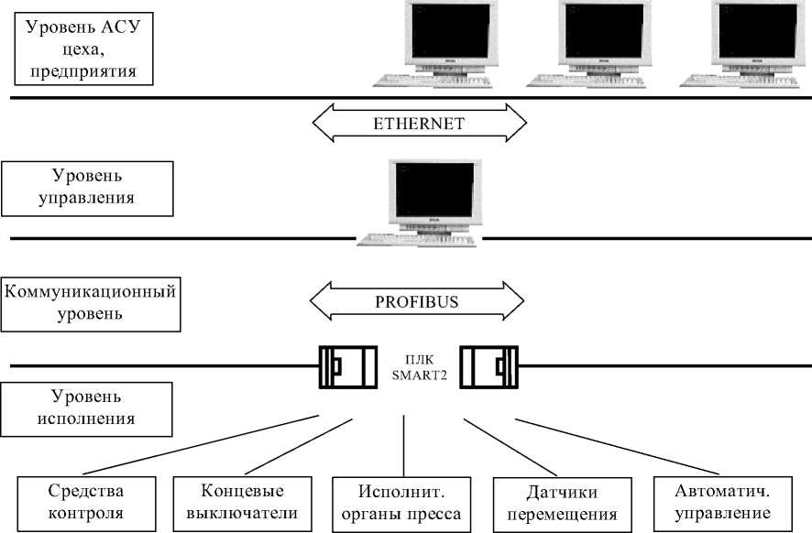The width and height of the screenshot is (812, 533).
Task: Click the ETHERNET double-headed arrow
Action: pos(420,122)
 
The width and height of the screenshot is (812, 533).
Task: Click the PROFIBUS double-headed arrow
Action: pos(417,299)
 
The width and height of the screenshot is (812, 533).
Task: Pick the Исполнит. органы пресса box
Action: pos(401,502)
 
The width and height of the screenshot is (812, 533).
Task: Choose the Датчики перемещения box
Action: pos(561,502)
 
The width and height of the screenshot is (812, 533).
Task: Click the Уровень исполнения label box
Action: pos(86,408)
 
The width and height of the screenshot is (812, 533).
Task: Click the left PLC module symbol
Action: pos(346,367)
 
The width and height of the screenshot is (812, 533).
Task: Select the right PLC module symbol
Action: pos(488,367)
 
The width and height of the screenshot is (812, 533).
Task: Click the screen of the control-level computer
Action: pos(433,190)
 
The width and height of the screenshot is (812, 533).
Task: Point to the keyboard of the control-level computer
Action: pos(418,240)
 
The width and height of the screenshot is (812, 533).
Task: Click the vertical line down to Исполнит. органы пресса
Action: pos(403,444)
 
